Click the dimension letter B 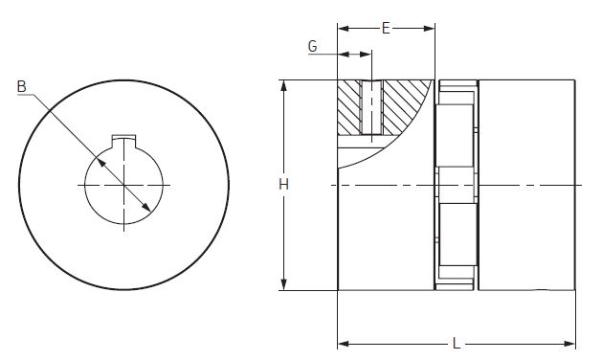point(22,86)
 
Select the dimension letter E point(386,28)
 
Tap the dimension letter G point(313,47)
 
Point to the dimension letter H point(283,185)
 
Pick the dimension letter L point(457,343)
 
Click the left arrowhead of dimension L point(344,343)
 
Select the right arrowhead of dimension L point(569,343)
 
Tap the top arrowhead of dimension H point(283,85)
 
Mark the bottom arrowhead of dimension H point(283,284)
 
